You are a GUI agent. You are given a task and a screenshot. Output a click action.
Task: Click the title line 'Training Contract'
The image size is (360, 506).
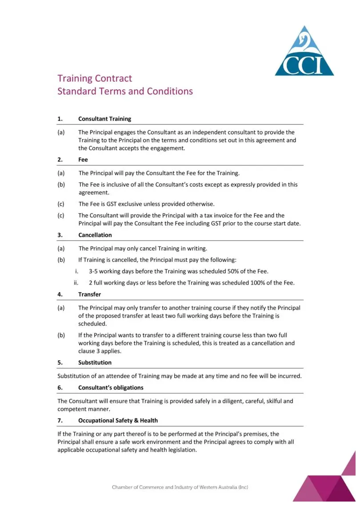click(x=95, y=79)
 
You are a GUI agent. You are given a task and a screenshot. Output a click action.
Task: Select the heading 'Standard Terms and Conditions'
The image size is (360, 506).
click(x=125, y=92)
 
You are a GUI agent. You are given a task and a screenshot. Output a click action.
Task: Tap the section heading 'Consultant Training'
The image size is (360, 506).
click(x=104, y=119)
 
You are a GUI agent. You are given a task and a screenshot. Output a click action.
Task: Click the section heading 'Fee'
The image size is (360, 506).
click(x=83, y=160)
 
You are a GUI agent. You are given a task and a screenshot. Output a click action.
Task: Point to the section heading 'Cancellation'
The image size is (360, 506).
click(x=95, y=235)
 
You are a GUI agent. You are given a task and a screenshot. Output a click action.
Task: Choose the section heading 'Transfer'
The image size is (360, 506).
click(x=89, y=294)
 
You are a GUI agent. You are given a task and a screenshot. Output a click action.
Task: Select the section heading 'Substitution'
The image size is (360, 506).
click(x=95, y=362)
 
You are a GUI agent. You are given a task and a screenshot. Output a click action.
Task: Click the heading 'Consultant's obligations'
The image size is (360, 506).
click(x=111, y=388)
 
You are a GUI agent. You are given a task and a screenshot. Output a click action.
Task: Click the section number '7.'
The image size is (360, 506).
click(x=60, y=420)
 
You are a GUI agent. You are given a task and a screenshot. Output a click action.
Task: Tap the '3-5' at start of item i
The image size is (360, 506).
click(x=94, y=271)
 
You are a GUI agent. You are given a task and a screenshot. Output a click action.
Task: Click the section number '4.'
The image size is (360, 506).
click(x=60, y=294)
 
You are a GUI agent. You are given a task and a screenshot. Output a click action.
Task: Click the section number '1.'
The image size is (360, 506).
click(x=60, y=119)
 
